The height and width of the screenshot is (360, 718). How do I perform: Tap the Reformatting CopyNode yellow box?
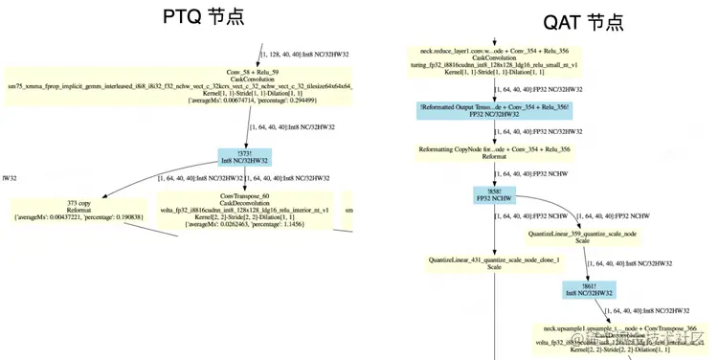coord(495,152)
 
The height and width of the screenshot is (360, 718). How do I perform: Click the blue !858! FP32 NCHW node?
coord(495,196)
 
